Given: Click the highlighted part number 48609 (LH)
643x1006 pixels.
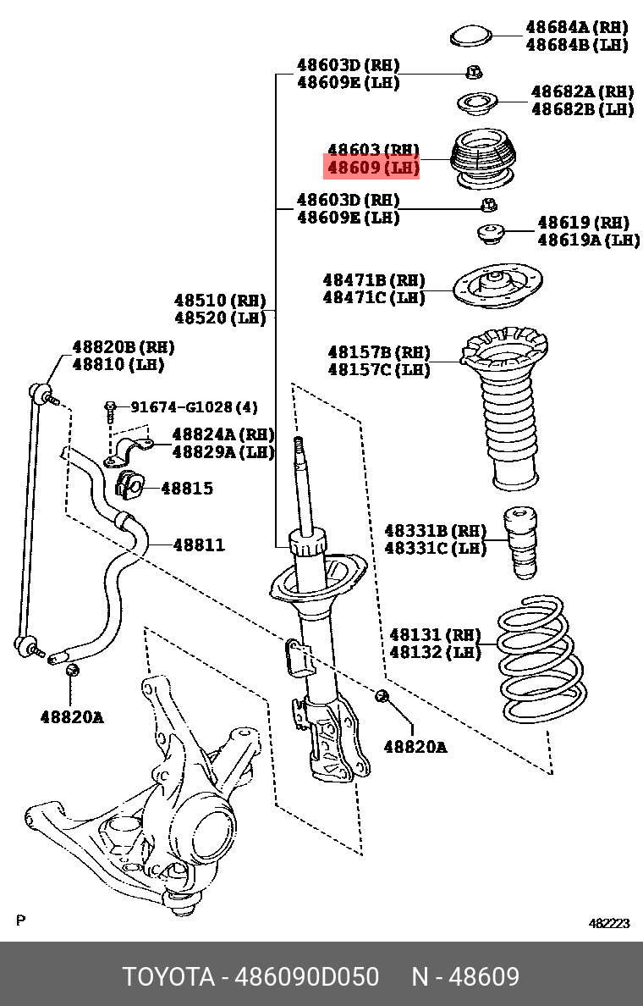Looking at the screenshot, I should [373, 168].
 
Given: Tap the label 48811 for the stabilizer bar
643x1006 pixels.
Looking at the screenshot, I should [199, 544].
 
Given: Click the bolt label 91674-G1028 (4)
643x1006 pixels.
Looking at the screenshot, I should [194, 407].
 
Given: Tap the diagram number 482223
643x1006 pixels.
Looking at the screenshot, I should [609, 924].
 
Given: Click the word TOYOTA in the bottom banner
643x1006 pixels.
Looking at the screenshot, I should [168, 976].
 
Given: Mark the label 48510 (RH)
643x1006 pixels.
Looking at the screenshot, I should [220, 301].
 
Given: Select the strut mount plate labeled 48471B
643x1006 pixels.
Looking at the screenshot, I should [497, 287].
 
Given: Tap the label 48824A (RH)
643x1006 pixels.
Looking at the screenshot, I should [223, 434].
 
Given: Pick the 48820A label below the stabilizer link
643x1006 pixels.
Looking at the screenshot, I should [72, 717].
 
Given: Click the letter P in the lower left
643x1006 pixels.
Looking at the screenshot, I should [21, 920].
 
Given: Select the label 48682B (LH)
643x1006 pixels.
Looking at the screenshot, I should [582, 108].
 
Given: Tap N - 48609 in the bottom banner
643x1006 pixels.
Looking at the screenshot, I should [465, 976].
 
